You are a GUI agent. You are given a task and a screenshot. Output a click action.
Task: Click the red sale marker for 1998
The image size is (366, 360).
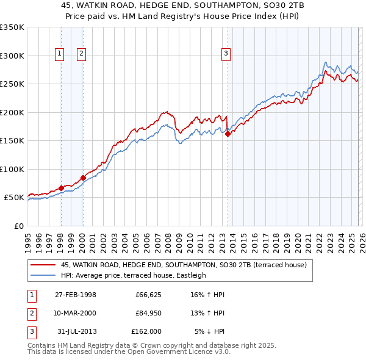pos(61,188)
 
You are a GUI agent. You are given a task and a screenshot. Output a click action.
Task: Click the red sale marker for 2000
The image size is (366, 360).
pos(83,178)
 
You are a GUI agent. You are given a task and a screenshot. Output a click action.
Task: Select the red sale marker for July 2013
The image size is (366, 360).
pos(228,134)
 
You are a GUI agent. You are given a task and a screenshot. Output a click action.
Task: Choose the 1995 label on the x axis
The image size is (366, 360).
pos(28,239)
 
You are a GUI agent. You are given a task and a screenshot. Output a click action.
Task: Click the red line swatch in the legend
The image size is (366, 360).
pos(44,265)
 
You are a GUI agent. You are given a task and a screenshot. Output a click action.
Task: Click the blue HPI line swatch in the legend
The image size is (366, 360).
pos(44,275)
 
